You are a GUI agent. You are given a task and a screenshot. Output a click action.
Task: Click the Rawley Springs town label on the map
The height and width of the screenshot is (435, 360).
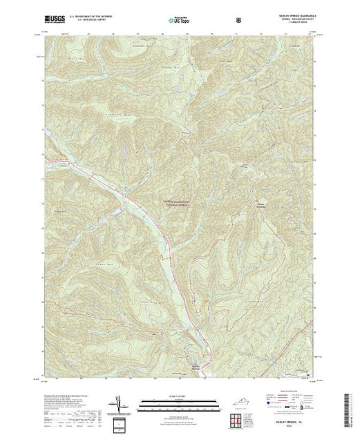click(x=195, y=365)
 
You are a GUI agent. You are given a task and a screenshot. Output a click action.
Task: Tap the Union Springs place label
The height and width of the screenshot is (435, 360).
click(x=262, y=204)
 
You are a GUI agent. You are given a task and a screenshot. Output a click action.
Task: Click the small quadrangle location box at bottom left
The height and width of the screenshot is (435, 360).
click(x=122, y=422)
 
